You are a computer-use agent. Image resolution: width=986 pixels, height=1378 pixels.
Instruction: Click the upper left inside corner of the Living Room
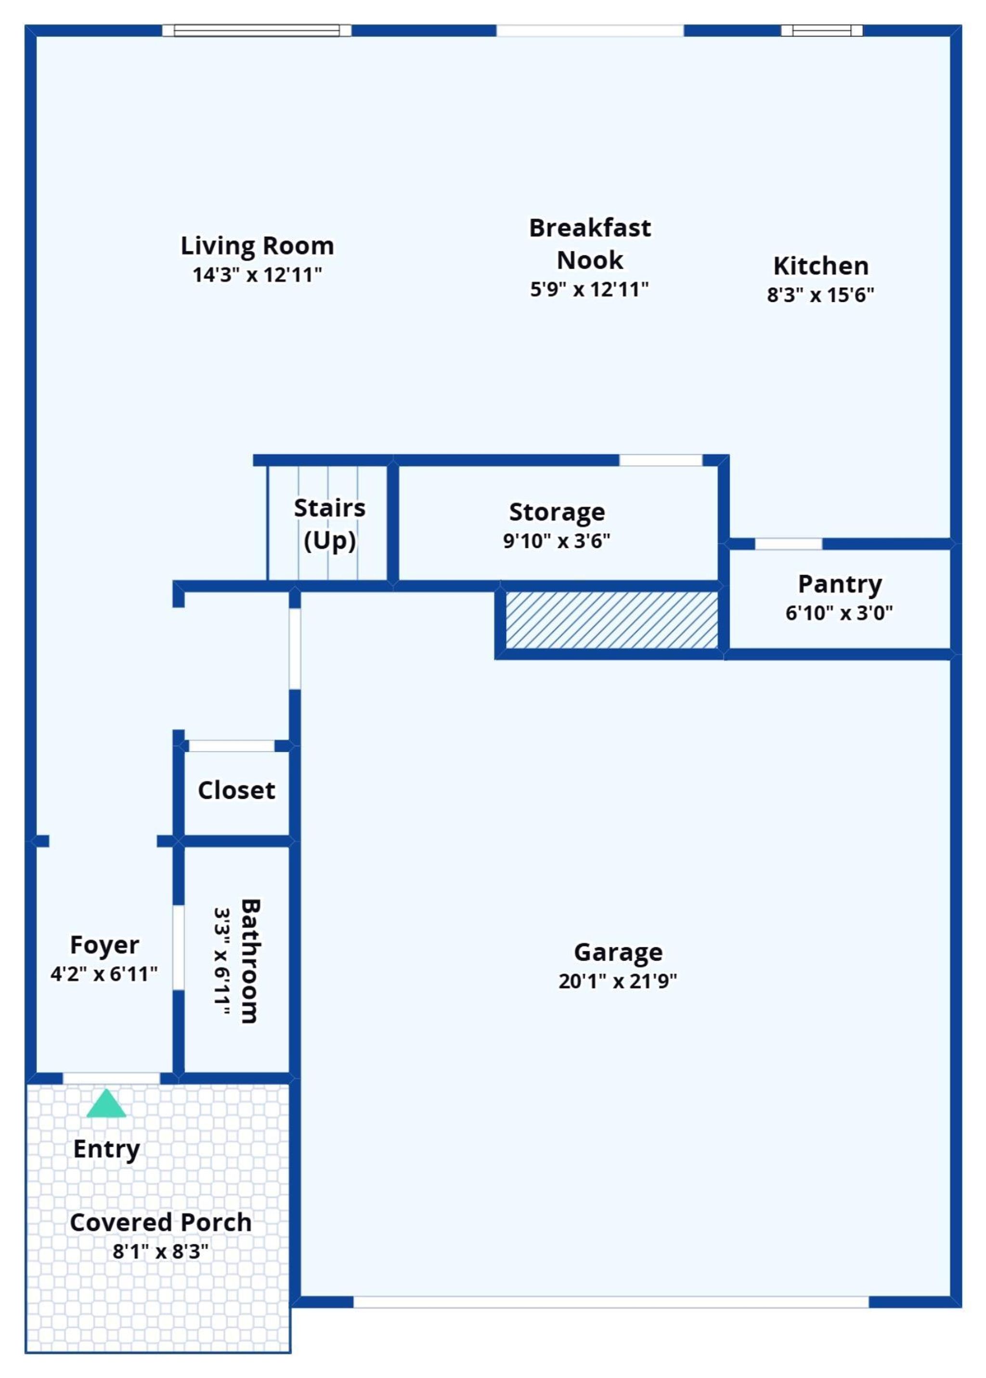click(37, 37)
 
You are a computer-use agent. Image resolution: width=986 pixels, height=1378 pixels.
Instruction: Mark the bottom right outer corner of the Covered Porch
click(291, 1353)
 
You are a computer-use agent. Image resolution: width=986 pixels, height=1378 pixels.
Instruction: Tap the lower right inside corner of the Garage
click(950, 1297)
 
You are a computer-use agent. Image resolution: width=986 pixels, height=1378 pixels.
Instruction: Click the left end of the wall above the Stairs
click(254, 460)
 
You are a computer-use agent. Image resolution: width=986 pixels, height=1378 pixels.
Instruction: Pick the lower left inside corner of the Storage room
click(399, 580)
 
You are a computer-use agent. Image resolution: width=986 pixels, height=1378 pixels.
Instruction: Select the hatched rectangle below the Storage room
click(612, 620)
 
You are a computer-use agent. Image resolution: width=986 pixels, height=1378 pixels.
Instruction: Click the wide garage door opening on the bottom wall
click(611, 1302)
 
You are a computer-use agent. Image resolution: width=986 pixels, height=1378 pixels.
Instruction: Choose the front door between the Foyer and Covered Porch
click(111, 1078)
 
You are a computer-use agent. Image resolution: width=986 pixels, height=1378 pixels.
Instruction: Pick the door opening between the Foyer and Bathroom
click(179, 948)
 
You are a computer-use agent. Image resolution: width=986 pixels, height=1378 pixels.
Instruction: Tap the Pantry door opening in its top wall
click(788, 544)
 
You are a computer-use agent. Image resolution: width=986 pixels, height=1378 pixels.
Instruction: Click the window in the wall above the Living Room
click(257, 30)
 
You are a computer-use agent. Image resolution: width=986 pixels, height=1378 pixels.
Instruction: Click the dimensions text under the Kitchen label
click(820, 295)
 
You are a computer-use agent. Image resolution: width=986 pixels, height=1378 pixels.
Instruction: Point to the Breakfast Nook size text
click(589, 290)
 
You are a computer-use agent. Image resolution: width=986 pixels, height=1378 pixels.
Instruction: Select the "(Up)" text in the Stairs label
click(330, 541)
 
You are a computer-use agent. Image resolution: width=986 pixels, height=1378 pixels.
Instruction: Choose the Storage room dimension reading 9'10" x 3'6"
click(556, 541)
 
